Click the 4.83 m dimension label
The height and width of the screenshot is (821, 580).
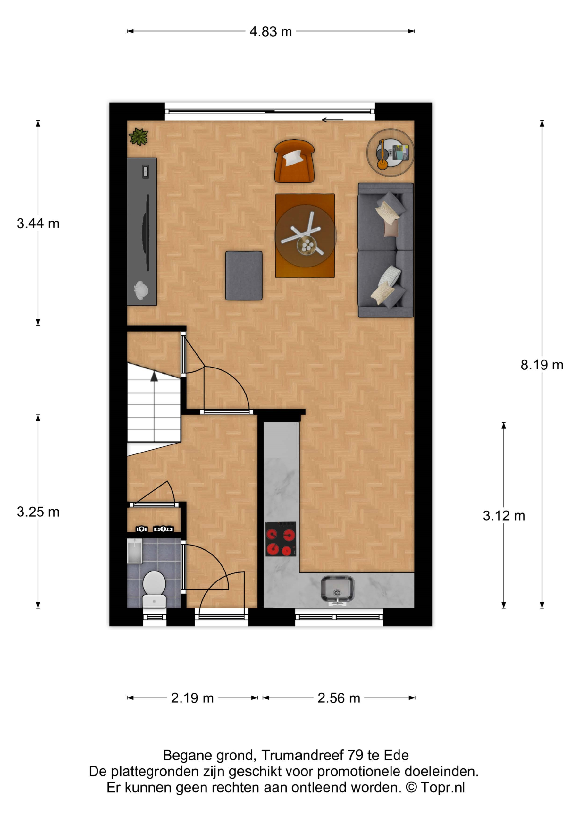point(271,31)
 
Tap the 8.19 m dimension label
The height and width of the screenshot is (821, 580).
point(542,365)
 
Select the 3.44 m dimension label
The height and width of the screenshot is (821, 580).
point(38,224)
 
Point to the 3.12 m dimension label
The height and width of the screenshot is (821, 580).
point(504,516)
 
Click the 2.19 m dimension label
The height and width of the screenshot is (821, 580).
point(192,698)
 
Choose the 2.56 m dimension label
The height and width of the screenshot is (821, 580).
point(339,698)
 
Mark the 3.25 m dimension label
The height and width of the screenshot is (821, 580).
point(38,512)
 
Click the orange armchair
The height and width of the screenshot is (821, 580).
point(294,161)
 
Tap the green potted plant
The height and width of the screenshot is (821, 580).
point(139,137)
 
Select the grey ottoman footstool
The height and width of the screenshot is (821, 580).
point(244,276)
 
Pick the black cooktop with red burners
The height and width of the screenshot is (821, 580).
point(281,539)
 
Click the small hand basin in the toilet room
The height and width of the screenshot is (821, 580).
point(135,551)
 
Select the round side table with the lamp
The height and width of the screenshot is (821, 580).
point(390,153)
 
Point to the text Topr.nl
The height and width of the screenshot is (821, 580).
point(443,788)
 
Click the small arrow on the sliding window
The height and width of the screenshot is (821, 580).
point(332,120)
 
